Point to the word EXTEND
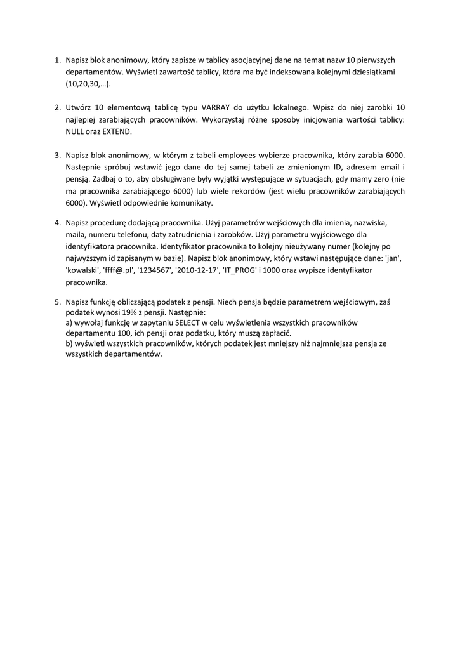(116, 131)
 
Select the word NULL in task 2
(75, 131)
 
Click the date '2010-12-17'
(195, 270)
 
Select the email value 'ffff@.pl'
(117, 270)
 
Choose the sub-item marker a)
(69, 322)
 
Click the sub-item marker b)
(69, 343)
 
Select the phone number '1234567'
(154, 270)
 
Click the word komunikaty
(191, 202)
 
